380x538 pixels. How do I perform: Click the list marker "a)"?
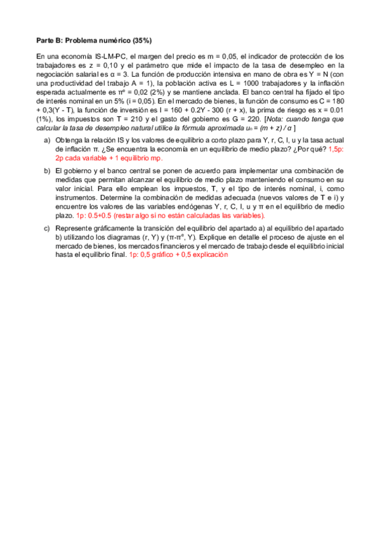pos(47,140)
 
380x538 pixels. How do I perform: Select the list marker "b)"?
pos(47,171)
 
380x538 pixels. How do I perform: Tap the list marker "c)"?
pos(47,228)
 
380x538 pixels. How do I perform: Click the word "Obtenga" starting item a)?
pos(69,140)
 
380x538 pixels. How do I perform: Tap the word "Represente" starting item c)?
pos(74,228)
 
